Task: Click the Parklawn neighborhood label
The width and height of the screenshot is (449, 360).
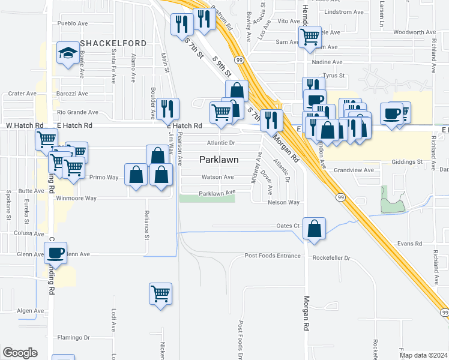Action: [218, 160]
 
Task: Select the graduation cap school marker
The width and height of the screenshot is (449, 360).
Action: [67, 53]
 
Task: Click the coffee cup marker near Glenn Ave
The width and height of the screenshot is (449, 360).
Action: [55, 253]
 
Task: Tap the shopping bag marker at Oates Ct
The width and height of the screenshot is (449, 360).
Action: [314, 228]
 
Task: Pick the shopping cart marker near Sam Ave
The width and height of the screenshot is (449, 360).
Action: [310, 36]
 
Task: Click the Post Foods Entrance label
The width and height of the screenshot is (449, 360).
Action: [273, 256]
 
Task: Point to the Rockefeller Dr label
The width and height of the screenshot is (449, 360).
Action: [331, 258]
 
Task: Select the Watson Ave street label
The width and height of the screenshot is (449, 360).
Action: [217, 177]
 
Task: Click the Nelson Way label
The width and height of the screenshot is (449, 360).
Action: [283, 203]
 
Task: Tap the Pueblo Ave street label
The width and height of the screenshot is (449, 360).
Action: [73, 23]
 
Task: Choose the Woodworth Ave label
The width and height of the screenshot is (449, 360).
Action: [414, 32]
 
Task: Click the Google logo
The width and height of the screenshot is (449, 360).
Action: [20, 353]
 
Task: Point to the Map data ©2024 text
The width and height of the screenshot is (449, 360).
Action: [423, 355]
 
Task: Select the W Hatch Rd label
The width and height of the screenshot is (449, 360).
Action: [25, 125]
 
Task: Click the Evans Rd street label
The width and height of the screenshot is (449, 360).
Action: [410, 244]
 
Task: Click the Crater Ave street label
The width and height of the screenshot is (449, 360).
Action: [22, 94]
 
